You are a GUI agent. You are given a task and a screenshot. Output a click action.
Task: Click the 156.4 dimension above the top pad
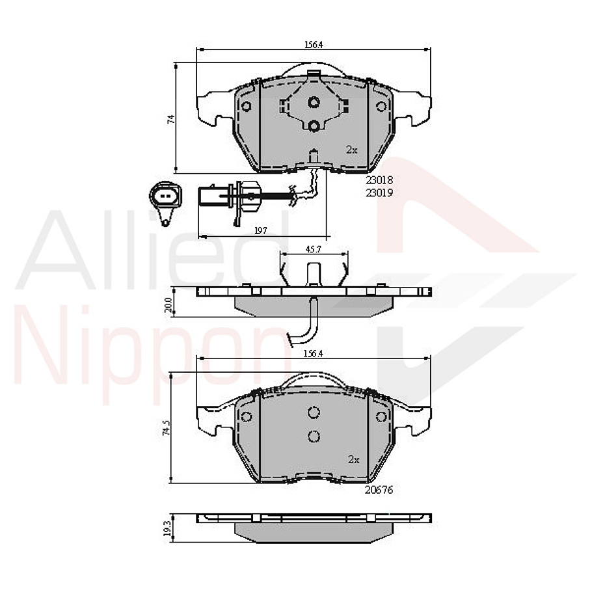(314, 44)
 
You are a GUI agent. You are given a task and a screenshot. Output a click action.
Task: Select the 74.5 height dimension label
(167, 429)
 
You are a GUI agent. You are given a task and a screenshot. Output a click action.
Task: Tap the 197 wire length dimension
(260, 230)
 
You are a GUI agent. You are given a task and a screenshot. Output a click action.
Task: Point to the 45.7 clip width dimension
(313, 250)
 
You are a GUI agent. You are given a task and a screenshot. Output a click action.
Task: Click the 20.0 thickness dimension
(168, 305)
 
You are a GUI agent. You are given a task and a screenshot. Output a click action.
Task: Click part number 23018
(379, 180)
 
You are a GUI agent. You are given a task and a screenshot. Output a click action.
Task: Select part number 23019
(379, 193)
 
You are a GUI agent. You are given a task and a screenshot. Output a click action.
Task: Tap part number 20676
(379, 490)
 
